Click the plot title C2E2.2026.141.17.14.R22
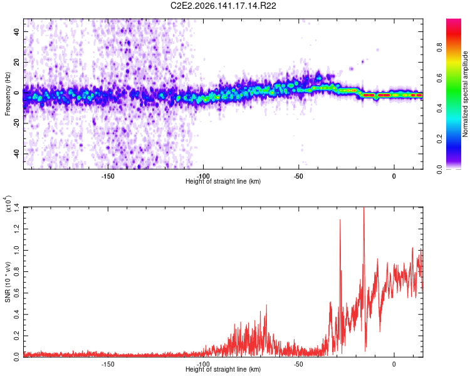[x=223, y=6]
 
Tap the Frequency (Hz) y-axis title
[x=8, y=94]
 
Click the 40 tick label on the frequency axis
[x=17, y=32]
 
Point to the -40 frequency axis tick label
[x=17, y=153]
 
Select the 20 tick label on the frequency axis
[x=17, y=63]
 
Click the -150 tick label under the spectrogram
[x=108, y=176]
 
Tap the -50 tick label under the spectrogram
[x=298, y=176]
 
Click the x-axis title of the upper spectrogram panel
[x=223, y=181]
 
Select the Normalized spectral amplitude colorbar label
[x=465, y=94]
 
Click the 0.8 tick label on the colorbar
[x=439, y=48]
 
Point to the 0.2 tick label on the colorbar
[x=439, y=139]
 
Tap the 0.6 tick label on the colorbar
[x=439, y=78]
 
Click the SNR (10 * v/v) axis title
[x=8, y=282]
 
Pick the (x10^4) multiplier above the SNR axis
[x=8, y=204]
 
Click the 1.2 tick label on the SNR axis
[x=17, y=229]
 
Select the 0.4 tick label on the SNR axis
[x=17, y=315]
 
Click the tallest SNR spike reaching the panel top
[x=364, y=208]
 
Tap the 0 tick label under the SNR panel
[x=394, y=364]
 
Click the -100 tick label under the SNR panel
[x=203, y=364]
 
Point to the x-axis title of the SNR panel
[x=223, y=369]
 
